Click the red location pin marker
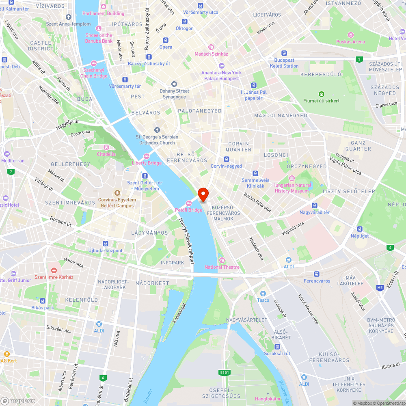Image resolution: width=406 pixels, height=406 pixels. click(x=203, y=194)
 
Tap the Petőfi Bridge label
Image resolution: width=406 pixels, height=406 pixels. click(x=188, y=210)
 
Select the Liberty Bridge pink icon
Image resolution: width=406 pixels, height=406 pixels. click(x=147, y=156)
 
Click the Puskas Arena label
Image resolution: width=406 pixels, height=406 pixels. click(x=350, y=41)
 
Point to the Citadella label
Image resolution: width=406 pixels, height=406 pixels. click(x=106, y=154)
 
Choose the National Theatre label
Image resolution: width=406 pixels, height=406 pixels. click(x=222, y=267)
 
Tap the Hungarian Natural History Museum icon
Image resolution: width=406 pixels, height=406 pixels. click(x=292, y=179)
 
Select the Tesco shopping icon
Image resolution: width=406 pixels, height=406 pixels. click(x=263, y=294)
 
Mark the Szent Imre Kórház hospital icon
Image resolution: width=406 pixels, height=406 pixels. click(x=54, y=270)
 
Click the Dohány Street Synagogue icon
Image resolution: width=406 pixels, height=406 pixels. click(x=174, y=84)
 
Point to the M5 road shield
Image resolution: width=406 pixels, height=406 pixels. click(x=380, y=288)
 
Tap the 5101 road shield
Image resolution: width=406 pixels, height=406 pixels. click(x=224, y=372)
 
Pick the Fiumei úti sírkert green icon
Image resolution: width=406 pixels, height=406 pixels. click(x=322, y=94)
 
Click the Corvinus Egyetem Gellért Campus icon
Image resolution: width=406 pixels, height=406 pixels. click(x=117, y=193)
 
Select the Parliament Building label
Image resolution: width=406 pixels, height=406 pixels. click(x=103, y=13)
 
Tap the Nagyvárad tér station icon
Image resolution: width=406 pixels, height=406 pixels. click(x=314, y=205)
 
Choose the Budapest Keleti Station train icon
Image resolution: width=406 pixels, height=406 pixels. click(x=284, y=53)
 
